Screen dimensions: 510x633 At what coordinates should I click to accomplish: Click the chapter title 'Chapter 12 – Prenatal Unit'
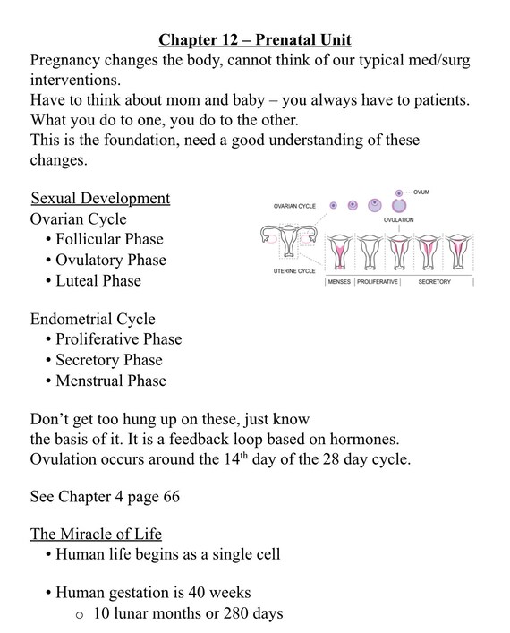coord(254,39)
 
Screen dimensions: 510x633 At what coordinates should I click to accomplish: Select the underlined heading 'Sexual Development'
coord(100,198)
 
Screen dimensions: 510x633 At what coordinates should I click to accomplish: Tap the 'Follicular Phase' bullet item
coord(109,239)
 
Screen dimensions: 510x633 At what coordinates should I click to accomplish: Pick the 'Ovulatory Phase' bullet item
coord(111,260)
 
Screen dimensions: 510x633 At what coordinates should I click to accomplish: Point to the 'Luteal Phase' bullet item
coord(98,280)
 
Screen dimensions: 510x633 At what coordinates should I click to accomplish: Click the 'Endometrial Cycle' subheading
coord(92,319)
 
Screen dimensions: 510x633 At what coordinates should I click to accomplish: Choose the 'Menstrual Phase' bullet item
coord(111,381)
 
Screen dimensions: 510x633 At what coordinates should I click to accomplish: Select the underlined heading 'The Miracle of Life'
coord(96,535)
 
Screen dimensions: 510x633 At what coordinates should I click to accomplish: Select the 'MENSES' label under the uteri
coord(339,281)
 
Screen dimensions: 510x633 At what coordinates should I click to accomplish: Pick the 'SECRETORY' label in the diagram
coord(434,281)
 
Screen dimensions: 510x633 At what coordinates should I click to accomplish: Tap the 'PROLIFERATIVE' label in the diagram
coord(381,281)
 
